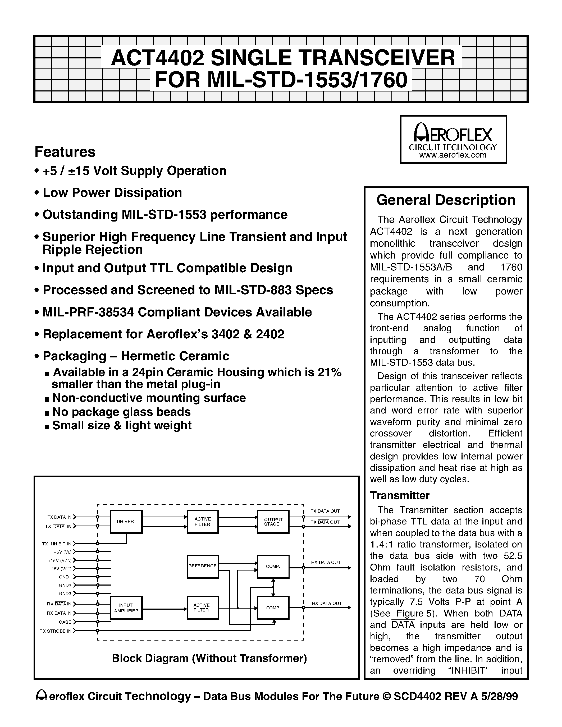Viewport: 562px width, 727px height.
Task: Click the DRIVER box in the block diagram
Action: (126, 522)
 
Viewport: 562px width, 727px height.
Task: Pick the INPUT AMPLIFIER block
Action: (126, 608)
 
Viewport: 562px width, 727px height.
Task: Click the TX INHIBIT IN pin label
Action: (57, 544)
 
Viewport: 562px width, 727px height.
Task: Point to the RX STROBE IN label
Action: (55, 631)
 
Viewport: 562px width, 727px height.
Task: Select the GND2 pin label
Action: (65, 586)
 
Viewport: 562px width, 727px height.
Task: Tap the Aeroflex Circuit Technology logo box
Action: (453, 140)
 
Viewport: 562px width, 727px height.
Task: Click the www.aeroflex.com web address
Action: (453, 155)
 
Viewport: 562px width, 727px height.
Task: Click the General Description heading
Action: (446, 200)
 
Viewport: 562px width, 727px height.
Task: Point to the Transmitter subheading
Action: (400, 496)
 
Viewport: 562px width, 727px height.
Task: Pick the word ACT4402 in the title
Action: (157, 58)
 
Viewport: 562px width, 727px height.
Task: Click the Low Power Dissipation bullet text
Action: (112, 193)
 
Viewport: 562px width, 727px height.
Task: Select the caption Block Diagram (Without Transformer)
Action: (209, 659)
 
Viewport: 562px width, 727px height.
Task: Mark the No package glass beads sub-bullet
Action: (121, 412)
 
